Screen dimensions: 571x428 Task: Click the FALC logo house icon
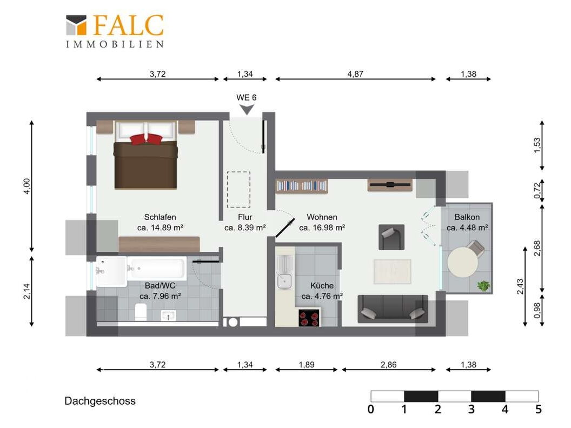76,25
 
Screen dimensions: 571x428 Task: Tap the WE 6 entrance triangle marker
247,109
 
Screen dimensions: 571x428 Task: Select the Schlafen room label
160,217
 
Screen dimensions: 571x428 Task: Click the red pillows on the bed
146,139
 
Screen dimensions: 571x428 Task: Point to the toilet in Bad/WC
141,312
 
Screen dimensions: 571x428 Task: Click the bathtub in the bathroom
157,268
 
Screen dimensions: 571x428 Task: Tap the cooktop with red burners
309,318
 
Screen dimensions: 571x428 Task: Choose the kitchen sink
284,280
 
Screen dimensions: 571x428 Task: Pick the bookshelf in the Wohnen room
301,186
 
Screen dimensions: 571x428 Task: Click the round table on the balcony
462,262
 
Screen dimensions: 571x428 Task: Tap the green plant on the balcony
483,286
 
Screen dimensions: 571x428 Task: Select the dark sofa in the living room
393,309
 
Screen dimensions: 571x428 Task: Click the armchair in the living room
391,237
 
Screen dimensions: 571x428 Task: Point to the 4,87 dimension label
355,74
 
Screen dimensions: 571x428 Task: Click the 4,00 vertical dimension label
27,186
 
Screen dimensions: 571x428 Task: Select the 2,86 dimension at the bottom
388,365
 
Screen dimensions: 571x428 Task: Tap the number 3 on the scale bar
471,410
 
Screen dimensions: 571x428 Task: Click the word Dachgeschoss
100,401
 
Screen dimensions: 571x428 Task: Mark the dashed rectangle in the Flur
238,190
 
